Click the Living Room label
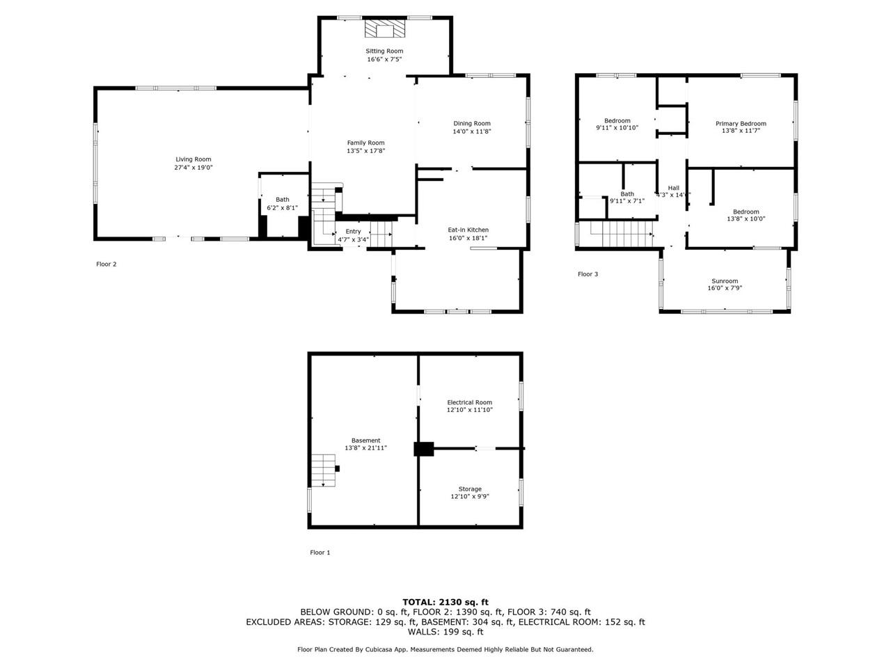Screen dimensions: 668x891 193,159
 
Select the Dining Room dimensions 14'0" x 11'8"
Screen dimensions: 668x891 472,132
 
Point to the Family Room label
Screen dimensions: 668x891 365,143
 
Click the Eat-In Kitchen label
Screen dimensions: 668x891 468,230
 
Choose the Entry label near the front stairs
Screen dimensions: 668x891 353,232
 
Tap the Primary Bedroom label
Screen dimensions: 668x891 741,124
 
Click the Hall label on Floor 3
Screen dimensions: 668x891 673,188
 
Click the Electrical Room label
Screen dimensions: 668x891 469,402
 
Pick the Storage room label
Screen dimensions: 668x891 469,489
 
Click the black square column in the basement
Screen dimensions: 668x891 423,449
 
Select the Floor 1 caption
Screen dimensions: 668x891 320,552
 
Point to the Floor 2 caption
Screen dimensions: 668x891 106,264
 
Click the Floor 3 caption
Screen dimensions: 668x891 588,274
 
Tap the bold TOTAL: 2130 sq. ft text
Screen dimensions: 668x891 445,602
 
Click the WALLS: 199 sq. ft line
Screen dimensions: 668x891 445,632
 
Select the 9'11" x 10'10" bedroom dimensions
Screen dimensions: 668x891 617,128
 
